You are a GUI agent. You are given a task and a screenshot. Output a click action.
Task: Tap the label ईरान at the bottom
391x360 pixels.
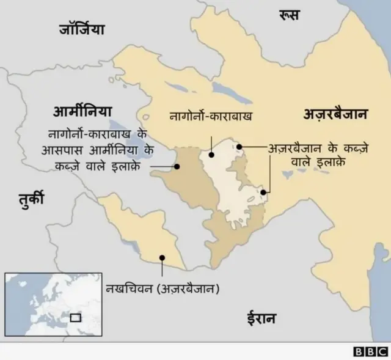tap(261, 318)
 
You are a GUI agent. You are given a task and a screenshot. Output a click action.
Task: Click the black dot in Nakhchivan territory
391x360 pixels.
tap(162, 258)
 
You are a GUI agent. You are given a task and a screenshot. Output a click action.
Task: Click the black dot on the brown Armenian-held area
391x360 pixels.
tap(177, 166)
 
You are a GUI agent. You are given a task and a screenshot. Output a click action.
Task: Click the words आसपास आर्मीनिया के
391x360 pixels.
tap(101, 150)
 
